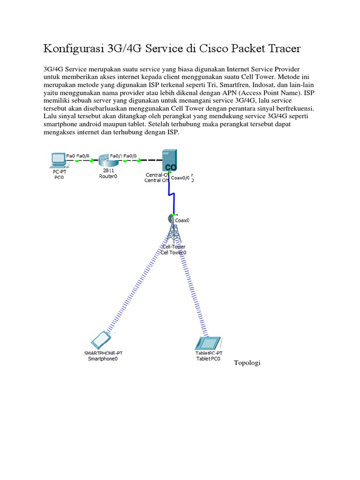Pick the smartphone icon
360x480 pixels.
tap(101, 339)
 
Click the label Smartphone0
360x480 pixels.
tap(103, 359)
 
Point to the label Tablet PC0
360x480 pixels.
tap(208, 359)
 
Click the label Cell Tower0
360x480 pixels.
tap(173, 253)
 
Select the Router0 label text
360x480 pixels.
tap(108, 177)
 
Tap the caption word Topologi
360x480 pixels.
tap(247, 363)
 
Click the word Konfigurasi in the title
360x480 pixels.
tap(74, 48)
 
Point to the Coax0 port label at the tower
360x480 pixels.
tap(182, 220)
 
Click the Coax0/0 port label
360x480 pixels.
tap(181, 178)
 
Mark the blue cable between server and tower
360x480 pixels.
tap(173, 199)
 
